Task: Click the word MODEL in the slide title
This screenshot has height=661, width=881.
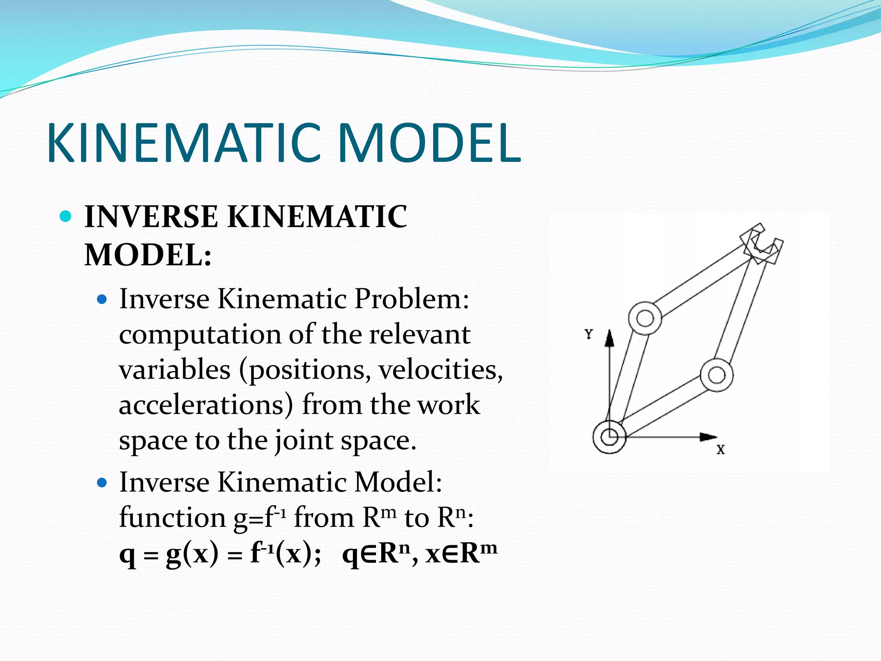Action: [429, 143]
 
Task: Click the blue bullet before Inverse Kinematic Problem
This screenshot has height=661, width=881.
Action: [102, 299]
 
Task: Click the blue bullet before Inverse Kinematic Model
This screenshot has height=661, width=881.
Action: [102, 483]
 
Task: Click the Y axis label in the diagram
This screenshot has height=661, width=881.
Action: [589, 334]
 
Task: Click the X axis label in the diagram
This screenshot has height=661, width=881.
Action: [721, 450]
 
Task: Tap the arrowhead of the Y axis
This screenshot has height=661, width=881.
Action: [609, 338]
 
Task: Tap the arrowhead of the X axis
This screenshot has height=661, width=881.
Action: [708, 437]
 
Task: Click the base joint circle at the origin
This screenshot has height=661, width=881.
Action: [609, 437]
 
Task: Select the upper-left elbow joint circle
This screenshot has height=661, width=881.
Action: [645, 318]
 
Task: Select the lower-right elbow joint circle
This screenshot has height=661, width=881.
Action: [716, 375]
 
